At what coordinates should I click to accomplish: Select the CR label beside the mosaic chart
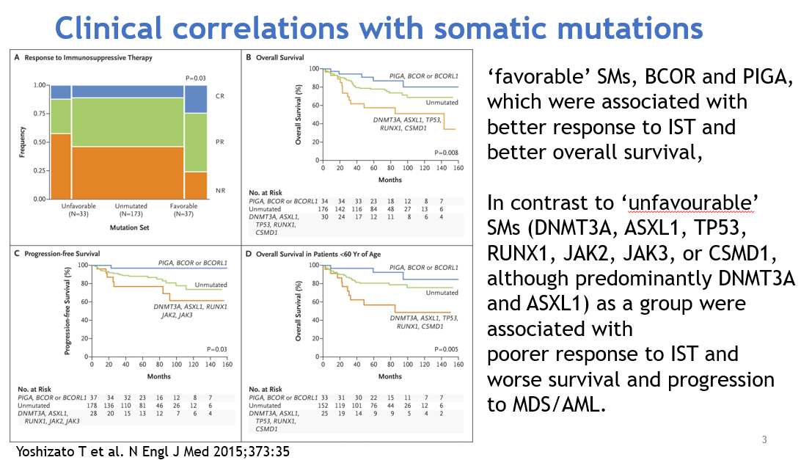point(219,96)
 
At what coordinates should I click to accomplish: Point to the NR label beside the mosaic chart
point(219,190)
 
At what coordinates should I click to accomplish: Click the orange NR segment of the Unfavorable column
point(60,166)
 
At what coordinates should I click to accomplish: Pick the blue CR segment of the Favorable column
point(195,99)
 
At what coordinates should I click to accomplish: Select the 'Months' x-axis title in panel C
point(158,376)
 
